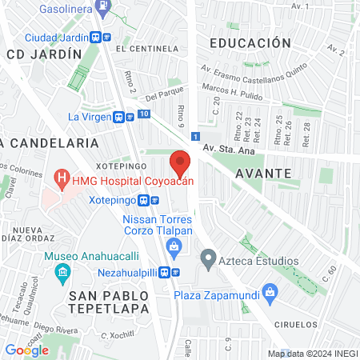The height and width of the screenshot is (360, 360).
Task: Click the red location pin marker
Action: pos(180,163)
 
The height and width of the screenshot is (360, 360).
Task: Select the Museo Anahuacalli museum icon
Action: pos(62,274)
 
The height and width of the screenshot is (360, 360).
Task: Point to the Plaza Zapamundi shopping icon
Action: pos(270,294)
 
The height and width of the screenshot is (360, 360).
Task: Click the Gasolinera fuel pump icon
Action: pos(102,6)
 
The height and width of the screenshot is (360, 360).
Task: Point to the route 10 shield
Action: pos(143,115)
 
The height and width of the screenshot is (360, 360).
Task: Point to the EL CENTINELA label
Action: pos(145,49)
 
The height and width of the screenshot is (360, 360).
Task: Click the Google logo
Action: pos(26,350)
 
